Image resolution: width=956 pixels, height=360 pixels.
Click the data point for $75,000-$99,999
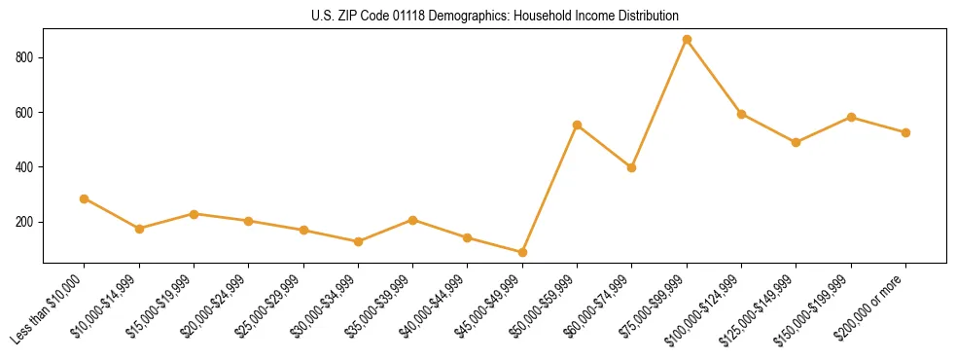pyautogui.click(x=687, y=40)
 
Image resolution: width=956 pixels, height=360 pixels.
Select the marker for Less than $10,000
pyautogui.click(x=85, y=198)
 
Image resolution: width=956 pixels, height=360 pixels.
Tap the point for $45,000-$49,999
pyautogui.click(x=522, y=253)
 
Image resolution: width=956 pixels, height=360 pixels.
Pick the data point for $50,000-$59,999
pyautogui.click(x=577, y=125)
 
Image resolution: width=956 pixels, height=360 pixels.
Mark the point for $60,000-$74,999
pyautogui.click(x=632, y=167)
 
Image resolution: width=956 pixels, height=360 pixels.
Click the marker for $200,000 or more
pyautogui.click(x=905, y=132)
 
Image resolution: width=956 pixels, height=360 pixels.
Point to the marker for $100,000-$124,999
pyautogui.click(x=741, y=114)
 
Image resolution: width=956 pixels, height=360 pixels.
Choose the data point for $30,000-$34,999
pyautogui.click(x=358, y=241)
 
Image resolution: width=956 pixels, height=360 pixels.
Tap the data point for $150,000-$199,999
pyautogui.click(x=851, y=117)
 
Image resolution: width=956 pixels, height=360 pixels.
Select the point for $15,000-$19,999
pyautogui.click(x=194, y=214)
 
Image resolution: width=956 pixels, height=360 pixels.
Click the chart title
pyautogui.click(x=495, y=16)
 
